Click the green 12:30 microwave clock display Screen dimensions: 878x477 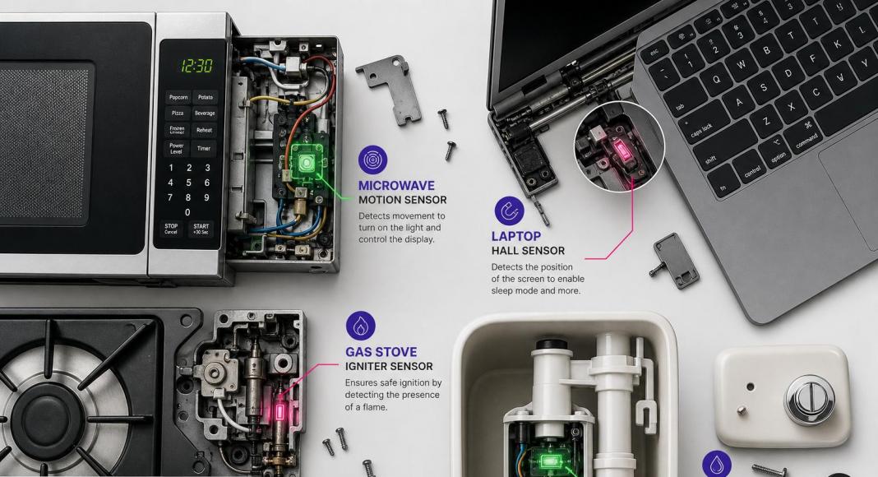click(x=196, y=66)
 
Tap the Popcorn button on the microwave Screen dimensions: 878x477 click(x=178, y=97)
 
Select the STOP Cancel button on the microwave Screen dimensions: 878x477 click(x=171, y=229)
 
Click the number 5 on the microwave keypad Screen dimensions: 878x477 click(x=189, y=183)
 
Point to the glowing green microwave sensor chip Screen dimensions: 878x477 click(x=306, y=163)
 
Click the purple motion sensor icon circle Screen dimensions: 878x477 click(x=373, y=160)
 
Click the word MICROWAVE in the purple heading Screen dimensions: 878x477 click(x=396, y=185)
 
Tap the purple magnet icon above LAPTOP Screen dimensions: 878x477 click(x=509, y=211)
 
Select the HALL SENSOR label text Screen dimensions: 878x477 click(x=528, y=251)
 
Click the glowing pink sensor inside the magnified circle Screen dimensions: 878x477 click(x=621, y=150)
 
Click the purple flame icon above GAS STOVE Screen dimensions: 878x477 click(x=361, y=326)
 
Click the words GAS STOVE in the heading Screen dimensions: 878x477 click(x=381, y=352)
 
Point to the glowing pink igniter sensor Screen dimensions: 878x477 click(x=280, y=412)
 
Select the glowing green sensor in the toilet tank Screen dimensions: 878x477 click(x=550, y=461)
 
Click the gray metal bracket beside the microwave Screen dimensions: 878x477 click(x=390, y=89)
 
